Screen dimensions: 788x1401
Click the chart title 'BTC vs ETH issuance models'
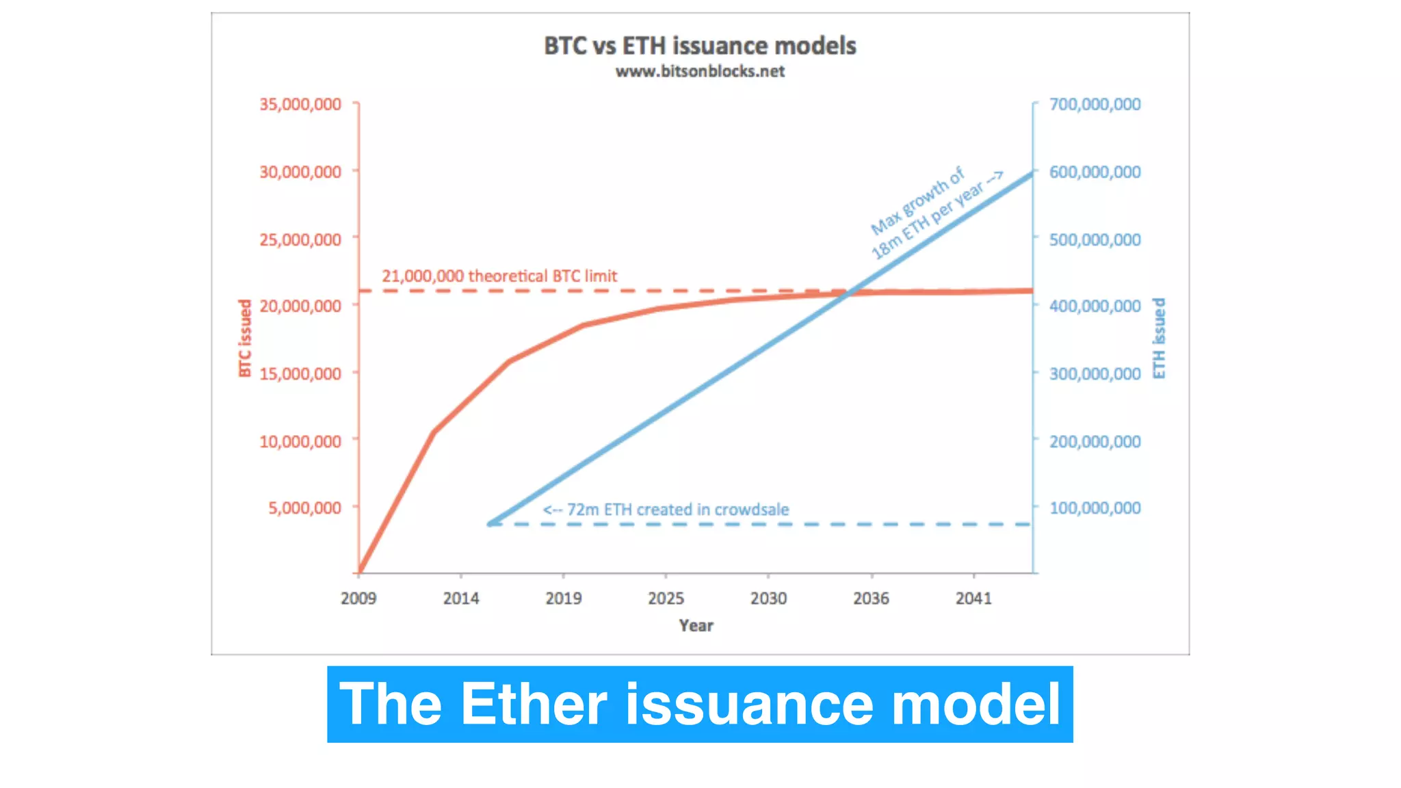pos(700,46)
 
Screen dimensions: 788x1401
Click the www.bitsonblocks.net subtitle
pos(700,71)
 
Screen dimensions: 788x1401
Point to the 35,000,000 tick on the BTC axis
pos(300,104)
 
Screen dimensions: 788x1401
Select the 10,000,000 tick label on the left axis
pos(300,441)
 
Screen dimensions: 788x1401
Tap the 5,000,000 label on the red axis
pos(304,508)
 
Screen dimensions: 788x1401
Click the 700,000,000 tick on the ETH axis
pos(1095,104)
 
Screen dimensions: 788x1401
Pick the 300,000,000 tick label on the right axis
pos(1095,373)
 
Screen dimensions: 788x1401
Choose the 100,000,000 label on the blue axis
pos(1095,508)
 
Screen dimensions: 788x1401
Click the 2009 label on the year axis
pos(358,599)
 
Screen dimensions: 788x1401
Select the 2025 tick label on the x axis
pos(666,599)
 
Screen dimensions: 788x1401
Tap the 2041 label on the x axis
pos(973,599)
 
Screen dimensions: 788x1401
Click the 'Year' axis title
pos(696,625)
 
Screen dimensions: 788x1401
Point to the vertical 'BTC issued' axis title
pos(245,338)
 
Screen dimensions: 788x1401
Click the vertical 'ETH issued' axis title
pos(1158,338)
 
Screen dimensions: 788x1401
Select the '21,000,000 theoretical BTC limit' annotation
pos(499,276)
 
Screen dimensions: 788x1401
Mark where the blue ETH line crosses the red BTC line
pos(848,293)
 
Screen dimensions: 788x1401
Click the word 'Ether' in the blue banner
pos(534,705)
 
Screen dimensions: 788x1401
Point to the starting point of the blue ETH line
pos(490,524)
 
